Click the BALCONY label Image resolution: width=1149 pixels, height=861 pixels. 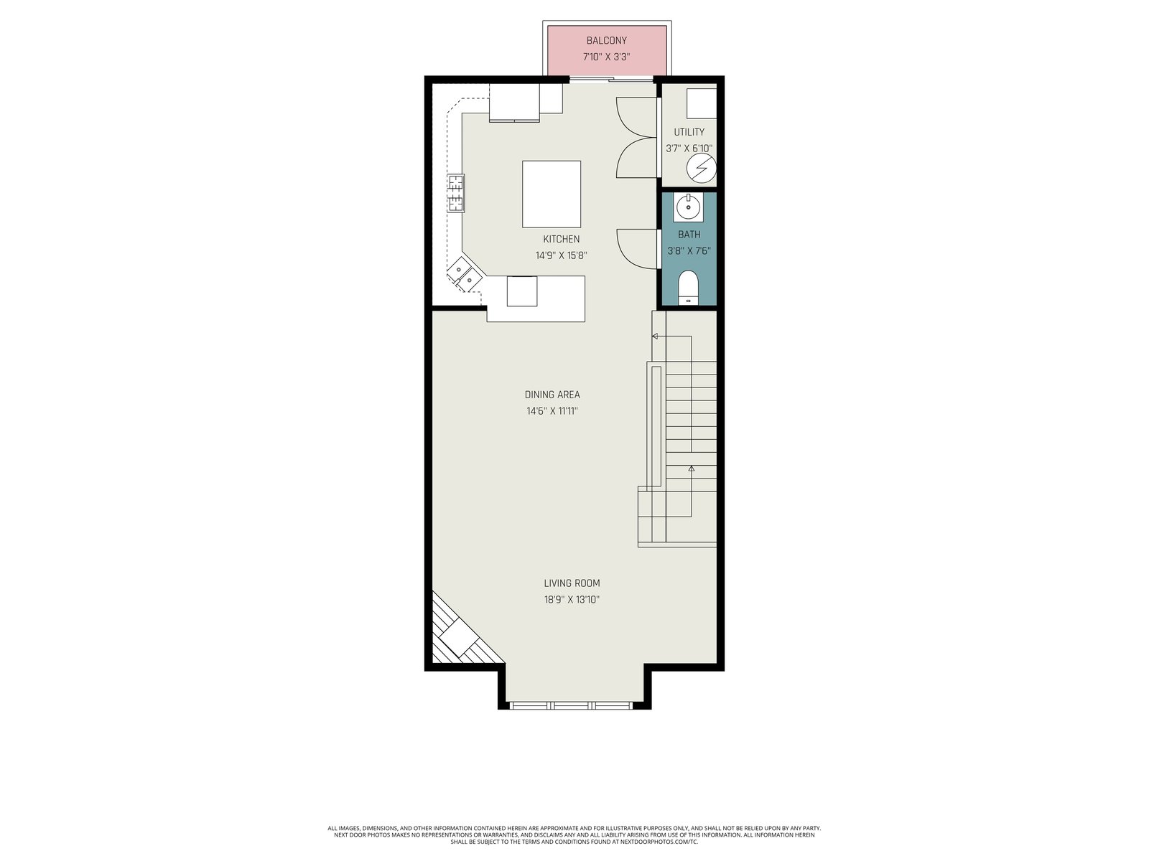click(x=606, y=40)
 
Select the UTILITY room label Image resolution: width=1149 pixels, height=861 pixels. click(x=689, y=132)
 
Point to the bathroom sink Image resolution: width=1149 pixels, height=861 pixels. click(x=689, y=207)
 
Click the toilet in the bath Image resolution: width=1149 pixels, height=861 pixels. click(x=689, y=288)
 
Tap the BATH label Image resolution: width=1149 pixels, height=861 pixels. click(x=689, y=234)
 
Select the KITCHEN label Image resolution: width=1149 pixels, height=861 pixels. click(x=561, y=239)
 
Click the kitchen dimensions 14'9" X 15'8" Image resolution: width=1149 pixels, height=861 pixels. click(x=561, y=255)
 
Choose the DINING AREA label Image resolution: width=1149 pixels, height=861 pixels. click(x=552, y=395)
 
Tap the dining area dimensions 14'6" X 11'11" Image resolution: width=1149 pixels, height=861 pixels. click(x=552, y=411)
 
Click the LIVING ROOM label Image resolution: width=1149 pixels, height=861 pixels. click(x=572, y=583)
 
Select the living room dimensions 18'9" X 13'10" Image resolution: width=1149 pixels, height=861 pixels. click(x=572, y=600)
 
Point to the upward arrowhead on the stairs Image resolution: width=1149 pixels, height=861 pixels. click(x=691, y=469)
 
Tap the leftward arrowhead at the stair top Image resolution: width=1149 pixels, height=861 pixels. click(x=655, y=336)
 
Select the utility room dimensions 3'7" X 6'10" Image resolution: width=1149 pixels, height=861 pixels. click(x=689, y=149)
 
